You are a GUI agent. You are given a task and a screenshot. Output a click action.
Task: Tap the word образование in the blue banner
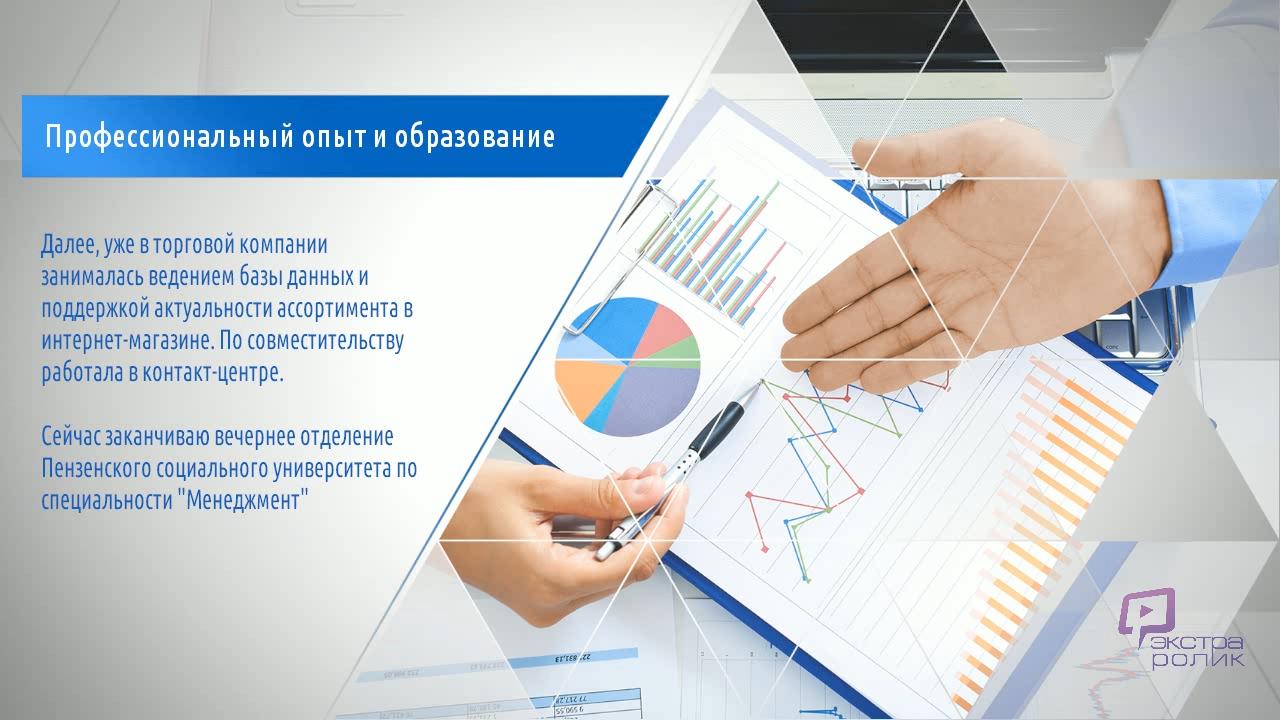pos(474,137)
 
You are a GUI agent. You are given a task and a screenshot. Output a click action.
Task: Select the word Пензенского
pos(96,469)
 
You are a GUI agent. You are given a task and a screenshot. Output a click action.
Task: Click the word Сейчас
pos(71,437)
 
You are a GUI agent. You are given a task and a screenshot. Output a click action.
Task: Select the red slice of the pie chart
pos(663,331)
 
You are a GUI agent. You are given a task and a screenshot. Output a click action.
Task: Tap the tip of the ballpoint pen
pos(762,381)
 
